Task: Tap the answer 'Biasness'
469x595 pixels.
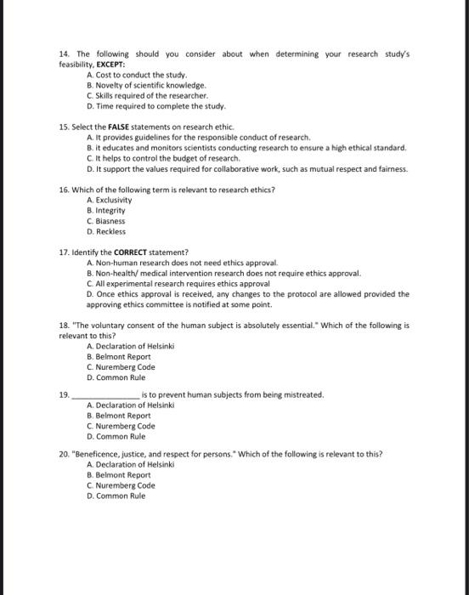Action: pyautogui.click(x=107, y=220)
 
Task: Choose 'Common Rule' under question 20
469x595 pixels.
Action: pyautogui.click(x=116, y=496)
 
